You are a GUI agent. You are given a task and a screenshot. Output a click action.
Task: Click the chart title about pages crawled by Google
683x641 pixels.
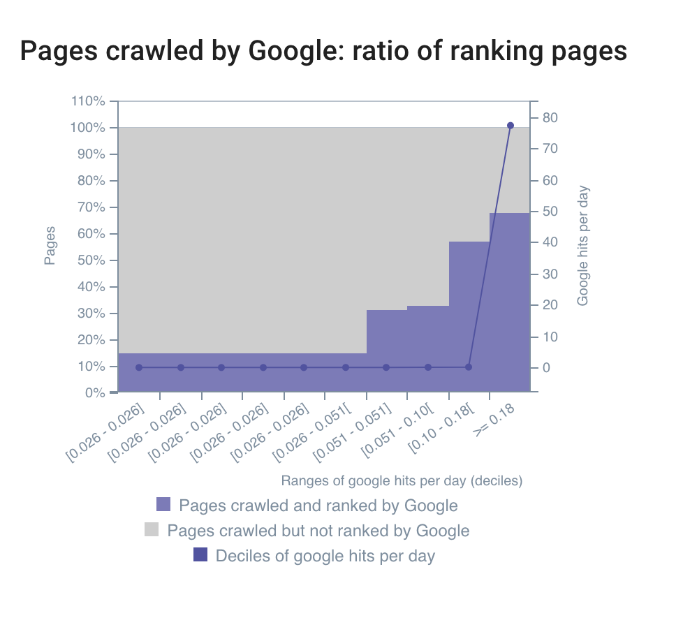323,51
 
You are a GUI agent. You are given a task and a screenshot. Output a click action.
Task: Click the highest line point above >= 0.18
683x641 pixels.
510,126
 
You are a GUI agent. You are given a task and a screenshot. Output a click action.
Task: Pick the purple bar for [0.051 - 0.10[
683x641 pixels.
428,348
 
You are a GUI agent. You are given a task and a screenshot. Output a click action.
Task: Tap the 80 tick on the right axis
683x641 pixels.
550,117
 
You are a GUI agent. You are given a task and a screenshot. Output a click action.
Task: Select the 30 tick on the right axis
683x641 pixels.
550,274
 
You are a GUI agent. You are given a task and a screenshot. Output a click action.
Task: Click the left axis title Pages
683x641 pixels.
50,246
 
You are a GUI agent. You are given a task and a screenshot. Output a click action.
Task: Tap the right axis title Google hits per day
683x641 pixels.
583,246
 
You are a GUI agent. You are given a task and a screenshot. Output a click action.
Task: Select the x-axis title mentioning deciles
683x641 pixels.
402,480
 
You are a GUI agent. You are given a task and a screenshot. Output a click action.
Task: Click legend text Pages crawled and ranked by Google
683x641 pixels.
318,506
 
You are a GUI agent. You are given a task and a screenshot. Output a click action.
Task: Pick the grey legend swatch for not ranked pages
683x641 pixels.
152,530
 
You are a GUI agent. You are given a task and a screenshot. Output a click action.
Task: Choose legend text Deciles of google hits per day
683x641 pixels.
325,556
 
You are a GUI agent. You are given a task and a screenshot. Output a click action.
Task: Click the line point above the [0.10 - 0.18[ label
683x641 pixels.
469,367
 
